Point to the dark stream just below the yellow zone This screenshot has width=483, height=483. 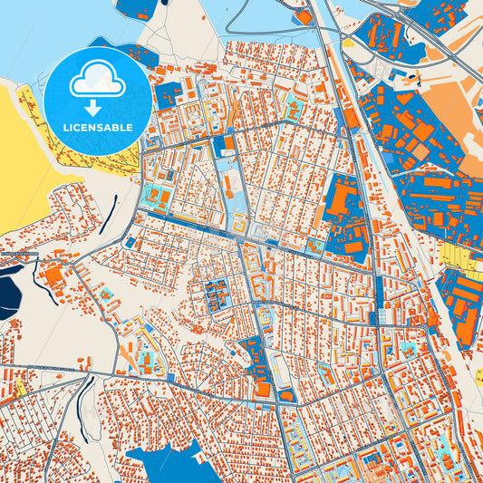point(112,213)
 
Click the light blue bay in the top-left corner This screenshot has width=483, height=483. point(36,32)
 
